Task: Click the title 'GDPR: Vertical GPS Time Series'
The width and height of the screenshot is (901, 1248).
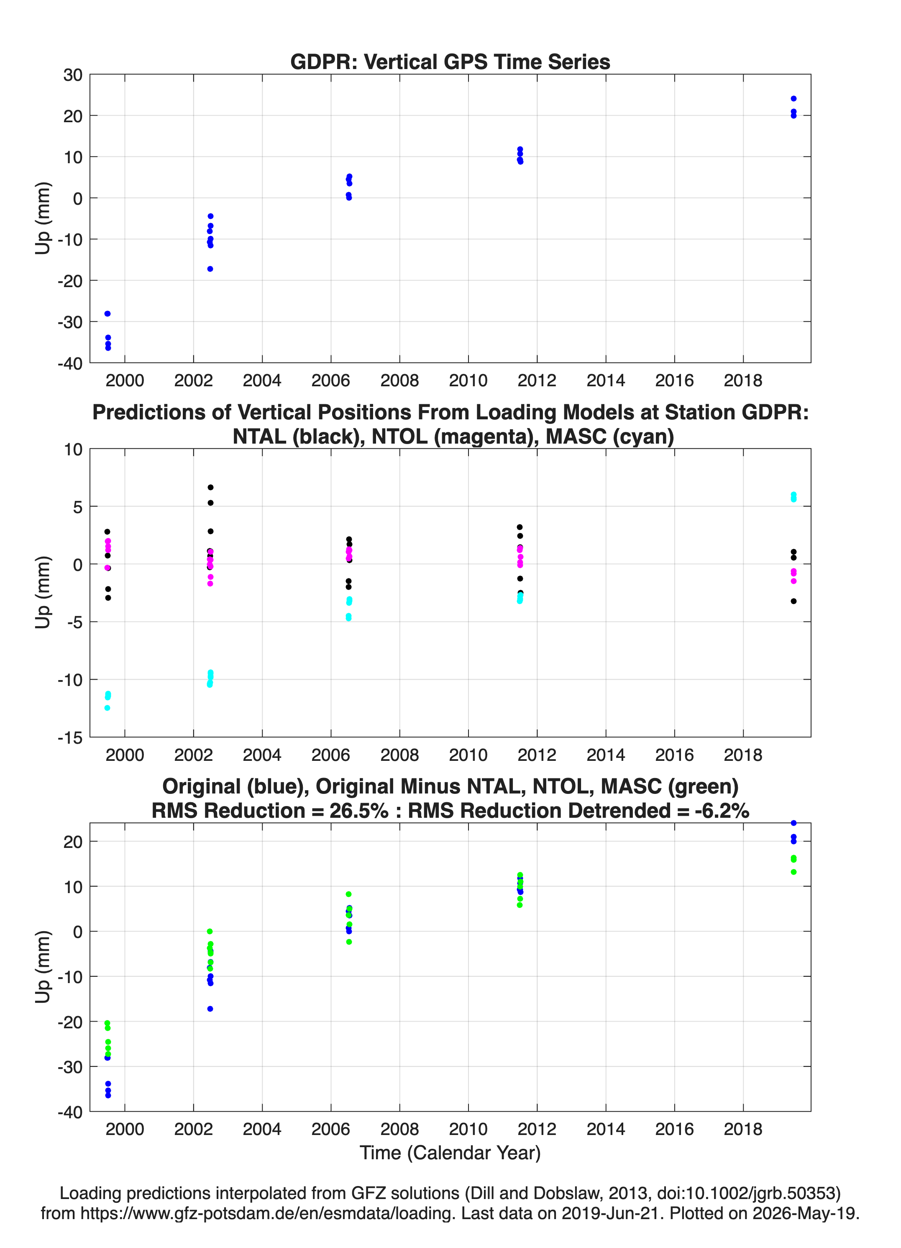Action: [450, 62]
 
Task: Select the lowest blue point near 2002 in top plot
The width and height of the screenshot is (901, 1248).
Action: [210, 269]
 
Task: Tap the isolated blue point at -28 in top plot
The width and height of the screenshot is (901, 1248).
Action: [107, 313]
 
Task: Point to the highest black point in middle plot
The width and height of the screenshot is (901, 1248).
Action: [210, 488]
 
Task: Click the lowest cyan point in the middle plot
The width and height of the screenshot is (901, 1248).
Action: [107, 708]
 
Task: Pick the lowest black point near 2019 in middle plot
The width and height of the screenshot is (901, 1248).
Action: [793, 601]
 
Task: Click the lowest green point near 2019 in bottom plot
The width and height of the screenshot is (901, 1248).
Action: [793, 872]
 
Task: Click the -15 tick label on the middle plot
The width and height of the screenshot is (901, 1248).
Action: [70, 738]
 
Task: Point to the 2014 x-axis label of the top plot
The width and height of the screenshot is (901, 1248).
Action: [606, 380]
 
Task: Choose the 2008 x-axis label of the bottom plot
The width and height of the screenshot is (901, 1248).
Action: [399, 1129]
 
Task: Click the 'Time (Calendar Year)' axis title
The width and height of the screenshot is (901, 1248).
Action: [450, 1153]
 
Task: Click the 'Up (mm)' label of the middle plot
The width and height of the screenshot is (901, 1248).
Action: [43, 592]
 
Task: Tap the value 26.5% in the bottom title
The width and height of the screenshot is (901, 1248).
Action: [358, 811]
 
